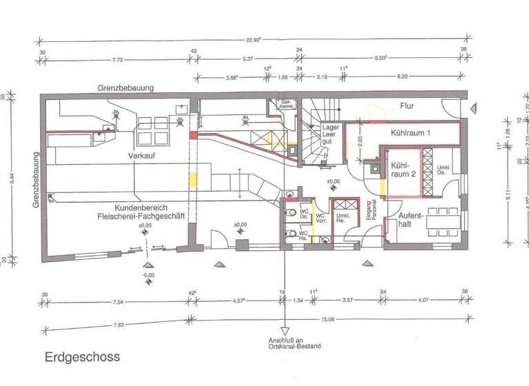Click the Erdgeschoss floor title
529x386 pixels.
[x=83, y=357]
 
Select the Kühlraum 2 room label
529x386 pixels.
[x=401, y=170]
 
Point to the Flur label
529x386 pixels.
[x=410, y=106]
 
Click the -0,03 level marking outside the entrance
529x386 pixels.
[x=146, y=274]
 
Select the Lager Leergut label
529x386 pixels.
[x=331, y=136]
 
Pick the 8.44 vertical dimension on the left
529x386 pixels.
[x=10, y=178]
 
